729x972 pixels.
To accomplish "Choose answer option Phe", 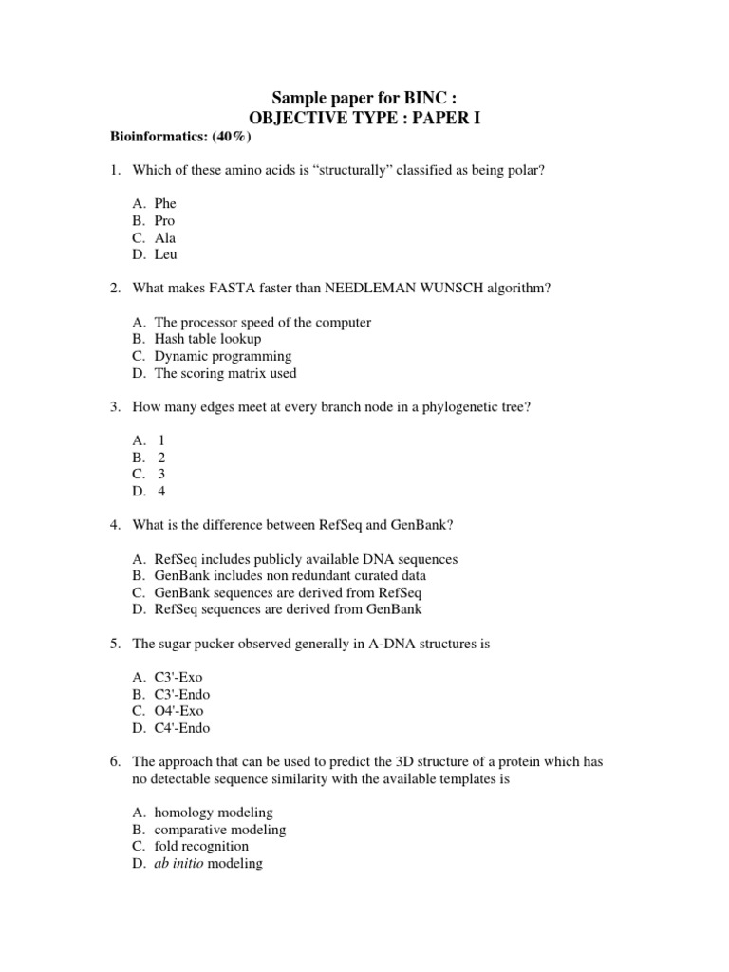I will pos(165,203).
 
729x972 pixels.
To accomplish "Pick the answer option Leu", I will pos(165,254).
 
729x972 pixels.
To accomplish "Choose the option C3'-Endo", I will pos(181,694).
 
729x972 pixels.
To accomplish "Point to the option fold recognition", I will pos(201,846).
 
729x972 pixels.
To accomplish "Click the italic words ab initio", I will pos(178,863).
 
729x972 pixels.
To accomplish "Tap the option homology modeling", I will pos(213,813).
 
